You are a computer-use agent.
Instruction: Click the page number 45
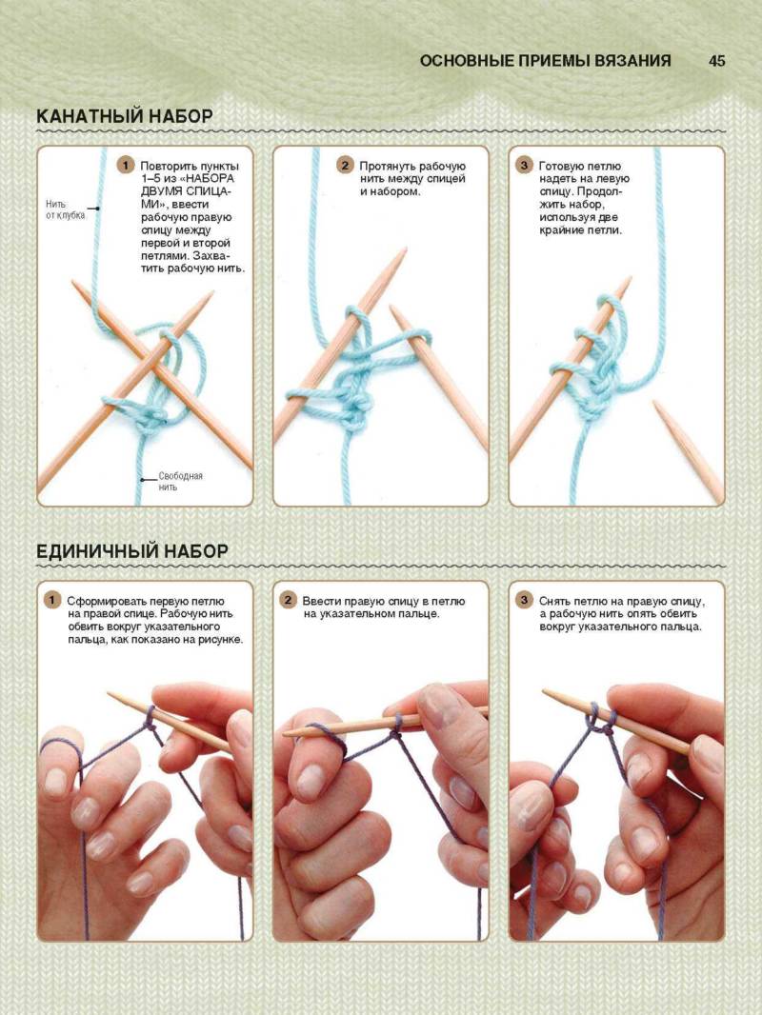(716, 61)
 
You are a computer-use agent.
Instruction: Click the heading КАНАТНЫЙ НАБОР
(125, 116)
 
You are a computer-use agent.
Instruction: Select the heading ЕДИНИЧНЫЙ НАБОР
(132, 551)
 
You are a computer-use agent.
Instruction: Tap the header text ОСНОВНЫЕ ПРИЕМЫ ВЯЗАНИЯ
(545, 61)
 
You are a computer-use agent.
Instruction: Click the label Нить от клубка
(65, 209)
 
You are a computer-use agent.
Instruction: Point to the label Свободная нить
(180, 481)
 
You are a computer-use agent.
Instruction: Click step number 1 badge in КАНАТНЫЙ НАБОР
(125, 166)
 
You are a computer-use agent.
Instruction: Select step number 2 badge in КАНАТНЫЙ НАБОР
(345, 166)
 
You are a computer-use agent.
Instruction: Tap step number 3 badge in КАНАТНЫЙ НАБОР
(524, 166)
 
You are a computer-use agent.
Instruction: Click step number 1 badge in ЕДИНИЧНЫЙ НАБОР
(51, 600)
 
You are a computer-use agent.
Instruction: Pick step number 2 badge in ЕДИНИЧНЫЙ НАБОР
(288, 600)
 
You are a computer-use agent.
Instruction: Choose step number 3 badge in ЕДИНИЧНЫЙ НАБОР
(524, 600)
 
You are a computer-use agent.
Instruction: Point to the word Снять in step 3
(554, 601)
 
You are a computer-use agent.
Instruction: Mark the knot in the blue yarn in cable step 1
(151, 420)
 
